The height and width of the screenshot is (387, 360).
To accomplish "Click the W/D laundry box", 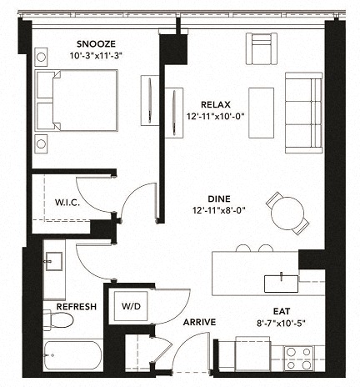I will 132,305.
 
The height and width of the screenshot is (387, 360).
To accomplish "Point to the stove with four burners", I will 298,358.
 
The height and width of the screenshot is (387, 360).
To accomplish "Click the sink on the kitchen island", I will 281,283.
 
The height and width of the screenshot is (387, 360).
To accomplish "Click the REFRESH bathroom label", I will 76,307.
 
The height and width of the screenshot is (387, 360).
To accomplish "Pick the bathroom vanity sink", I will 53,263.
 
